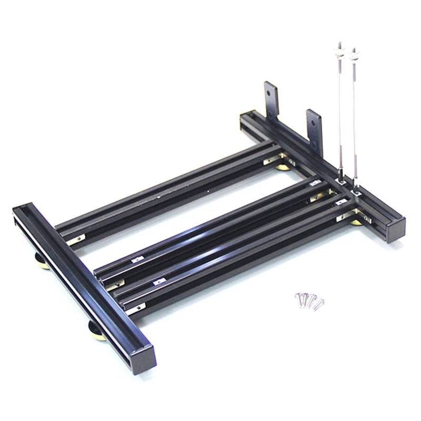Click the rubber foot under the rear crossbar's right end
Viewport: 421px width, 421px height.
tap(357, 221)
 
